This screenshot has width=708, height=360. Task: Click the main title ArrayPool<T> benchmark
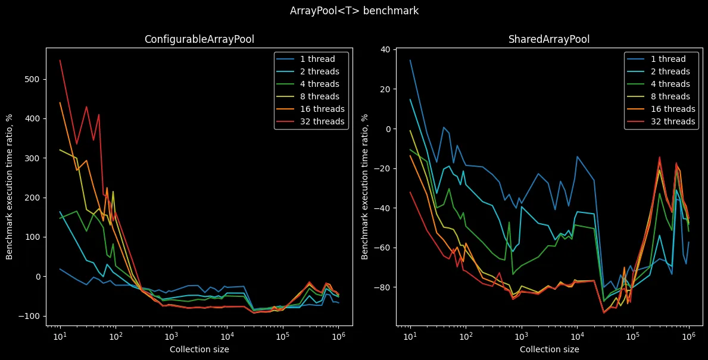point(354,11)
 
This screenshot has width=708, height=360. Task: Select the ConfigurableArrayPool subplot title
point(199,39)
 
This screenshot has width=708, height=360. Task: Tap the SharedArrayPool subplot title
point(549,39)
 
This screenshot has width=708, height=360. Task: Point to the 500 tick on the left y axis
point(33,79)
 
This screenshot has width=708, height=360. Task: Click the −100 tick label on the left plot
point(31,316)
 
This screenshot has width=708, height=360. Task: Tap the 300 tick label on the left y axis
point(33,158)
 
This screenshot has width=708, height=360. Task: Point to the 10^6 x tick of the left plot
point(338,336)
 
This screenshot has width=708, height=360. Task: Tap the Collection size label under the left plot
point(199,349)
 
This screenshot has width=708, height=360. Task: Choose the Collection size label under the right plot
point(549,349)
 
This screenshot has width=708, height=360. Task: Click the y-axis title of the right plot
point(365,187)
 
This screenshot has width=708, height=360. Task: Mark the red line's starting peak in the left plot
point(60,60)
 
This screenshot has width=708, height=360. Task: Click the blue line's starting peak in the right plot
point(410,60)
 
